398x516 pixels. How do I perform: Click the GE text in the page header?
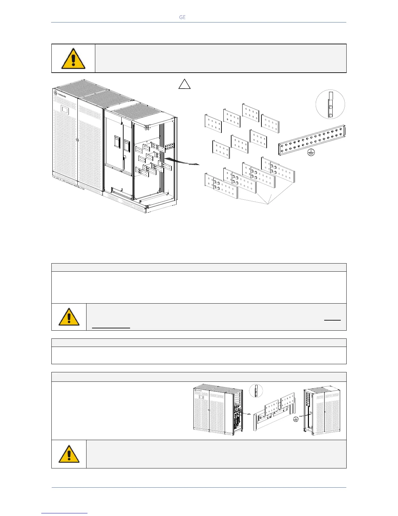pos(182,17)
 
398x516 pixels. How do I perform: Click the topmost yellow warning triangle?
pos(73,59)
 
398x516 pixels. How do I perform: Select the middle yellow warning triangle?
pos(69,317)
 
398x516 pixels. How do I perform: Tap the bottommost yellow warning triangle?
pos(69,454)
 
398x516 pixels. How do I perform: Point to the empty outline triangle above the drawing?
pos(184,84)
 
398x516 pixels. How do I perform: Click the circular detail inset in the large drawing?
pos(330,104)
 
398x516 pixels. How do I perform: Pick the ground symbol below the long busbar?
pos(311,153)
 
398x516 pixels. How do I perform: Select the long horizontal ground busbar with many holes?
pos(312,140)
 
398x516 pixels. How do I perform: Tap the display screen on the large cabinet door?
pos(65,109)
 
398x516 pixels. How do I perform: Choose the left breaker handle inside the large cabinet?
pos(116,142)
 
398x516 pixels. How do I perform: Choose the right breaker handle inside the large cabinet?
pos(127,144)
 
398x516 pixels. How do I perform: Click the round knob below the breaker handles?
pos(124,157)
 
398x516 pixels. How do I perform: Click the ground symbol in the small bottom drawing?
pos(295,419)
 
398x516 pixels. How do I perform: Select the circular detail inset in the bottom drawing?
pos(256,391)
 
